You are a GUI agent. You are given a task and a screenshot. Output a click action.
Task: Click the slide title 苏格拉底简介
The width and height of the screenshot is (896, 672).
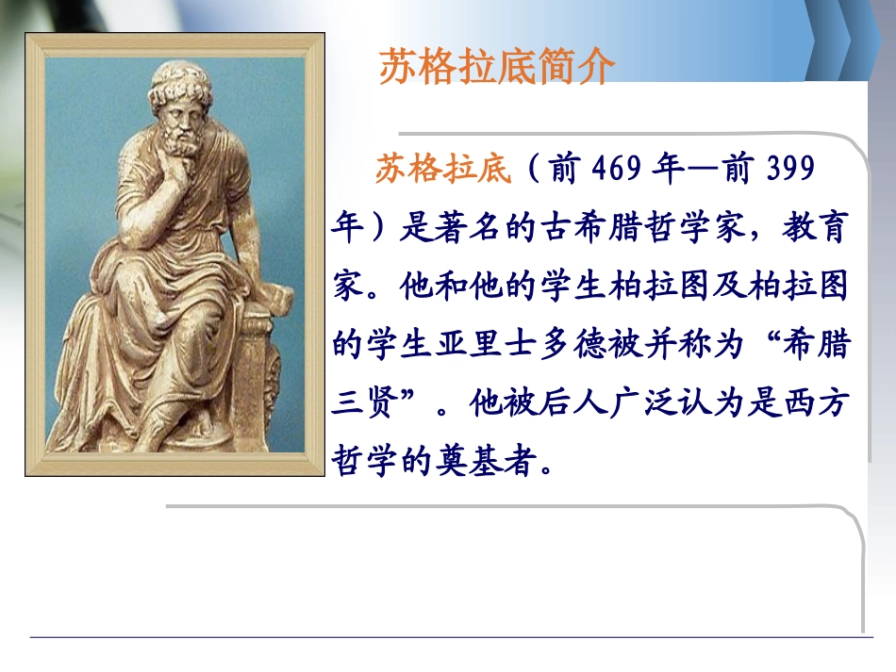click(x=497, y=68)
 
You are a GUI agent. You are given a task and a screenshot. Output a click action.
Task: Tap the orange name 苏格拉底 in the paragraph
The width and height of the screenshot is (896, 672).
click(x=443, y=170)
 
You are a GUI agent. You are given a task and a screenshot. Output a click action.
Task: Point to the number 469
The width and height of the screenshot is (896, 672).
click(x=619, y=170)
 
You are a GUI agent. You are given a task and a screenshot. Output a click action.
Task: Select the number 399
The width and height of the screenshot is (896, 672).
click(x=784, y=170)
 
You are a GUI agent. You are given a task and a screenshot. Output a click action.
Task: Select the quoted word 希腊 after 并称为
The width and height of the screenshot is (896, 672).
click(x=811, y=345)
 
